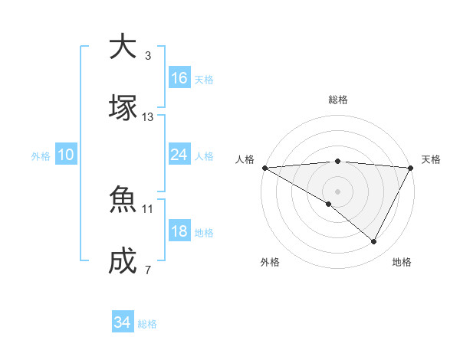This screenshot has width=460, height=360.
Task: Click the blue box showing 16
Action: click(179, 78)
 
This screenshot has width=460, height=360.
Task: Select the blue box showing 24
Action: click(179, 155)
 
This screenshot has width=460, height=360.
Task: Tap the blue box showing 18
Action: click(179, 231)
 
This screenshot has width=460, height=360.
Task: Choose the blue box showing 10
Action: click(66, 155)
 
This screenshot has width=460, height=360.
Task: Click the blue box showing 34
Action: click(123, 322)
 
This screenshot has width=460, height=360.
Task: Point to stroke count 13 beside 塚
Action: click(148, 117)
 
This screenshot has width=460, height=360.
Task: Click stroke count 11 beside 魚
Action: click(148, 208)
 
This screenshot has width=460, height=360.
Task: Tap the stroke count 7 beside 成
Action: click(147, 270)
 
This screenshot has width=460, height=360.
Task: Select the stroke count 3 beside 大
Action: click(147, 56)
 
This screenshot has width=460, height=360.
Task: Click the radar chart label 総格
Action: click(337, 100)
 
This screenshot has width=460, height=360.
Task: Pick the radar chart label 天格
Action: click(431, 159)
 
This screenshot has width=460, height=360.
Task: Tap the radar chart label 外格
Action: click(270, 262)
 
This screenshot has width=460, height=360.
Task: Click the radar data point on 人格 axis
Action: click(264, 168)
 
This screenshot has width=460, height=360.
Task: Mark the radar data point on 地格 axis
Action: click(374, 242)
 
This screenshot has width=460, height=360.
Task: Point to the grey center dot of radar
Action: click(337, 191)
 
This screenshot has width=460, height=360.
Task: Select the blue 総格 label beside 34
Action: click(147, 324)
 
